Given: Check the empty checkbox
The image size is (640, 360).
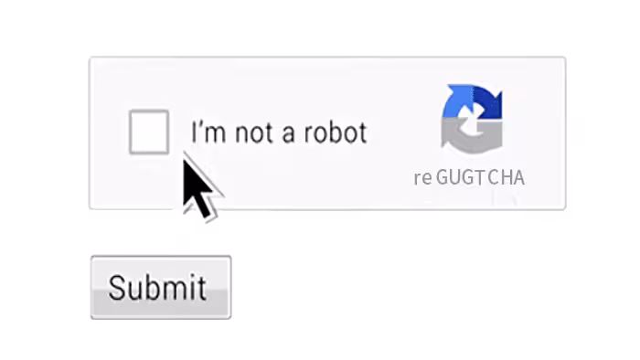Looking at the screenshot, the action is pyautogui.click(x=149, y=132).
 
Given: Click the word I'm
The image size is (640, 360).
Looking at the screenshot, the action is pyautogui.click(x=208, y=132).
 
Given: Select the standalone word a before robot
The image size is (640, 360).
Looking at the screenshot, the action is pyautogui.click(x=288, y=135).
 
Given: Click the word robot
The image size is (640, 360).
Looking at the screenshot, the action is pyautogui.click(x=336, y=132).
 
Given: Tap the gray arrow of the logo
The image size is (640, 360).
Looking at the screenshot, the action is pyautogui.click(x=472, y=137).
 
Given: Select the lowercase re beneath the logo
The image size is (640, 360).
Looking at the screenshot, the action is pyautogui.click(x=422, y=178).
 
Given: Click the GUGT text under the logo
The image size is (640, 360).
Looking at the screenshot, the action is pyautogui.click(x=461, y=177).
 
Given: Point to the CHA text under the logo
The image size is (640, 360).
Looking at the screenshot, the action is pyautogui.click(x=507, y=177).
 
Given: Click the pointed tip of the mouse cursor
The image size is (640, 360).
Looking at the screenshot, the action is pyautogui.click(x=184, y=159).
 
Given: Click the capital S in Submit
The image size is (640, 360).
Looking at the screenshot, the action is pyautogui.click(x=118, y=288).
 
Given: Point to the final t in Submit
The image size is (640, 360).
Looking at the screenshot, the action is pyautogui.click(x=202, y=289).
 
